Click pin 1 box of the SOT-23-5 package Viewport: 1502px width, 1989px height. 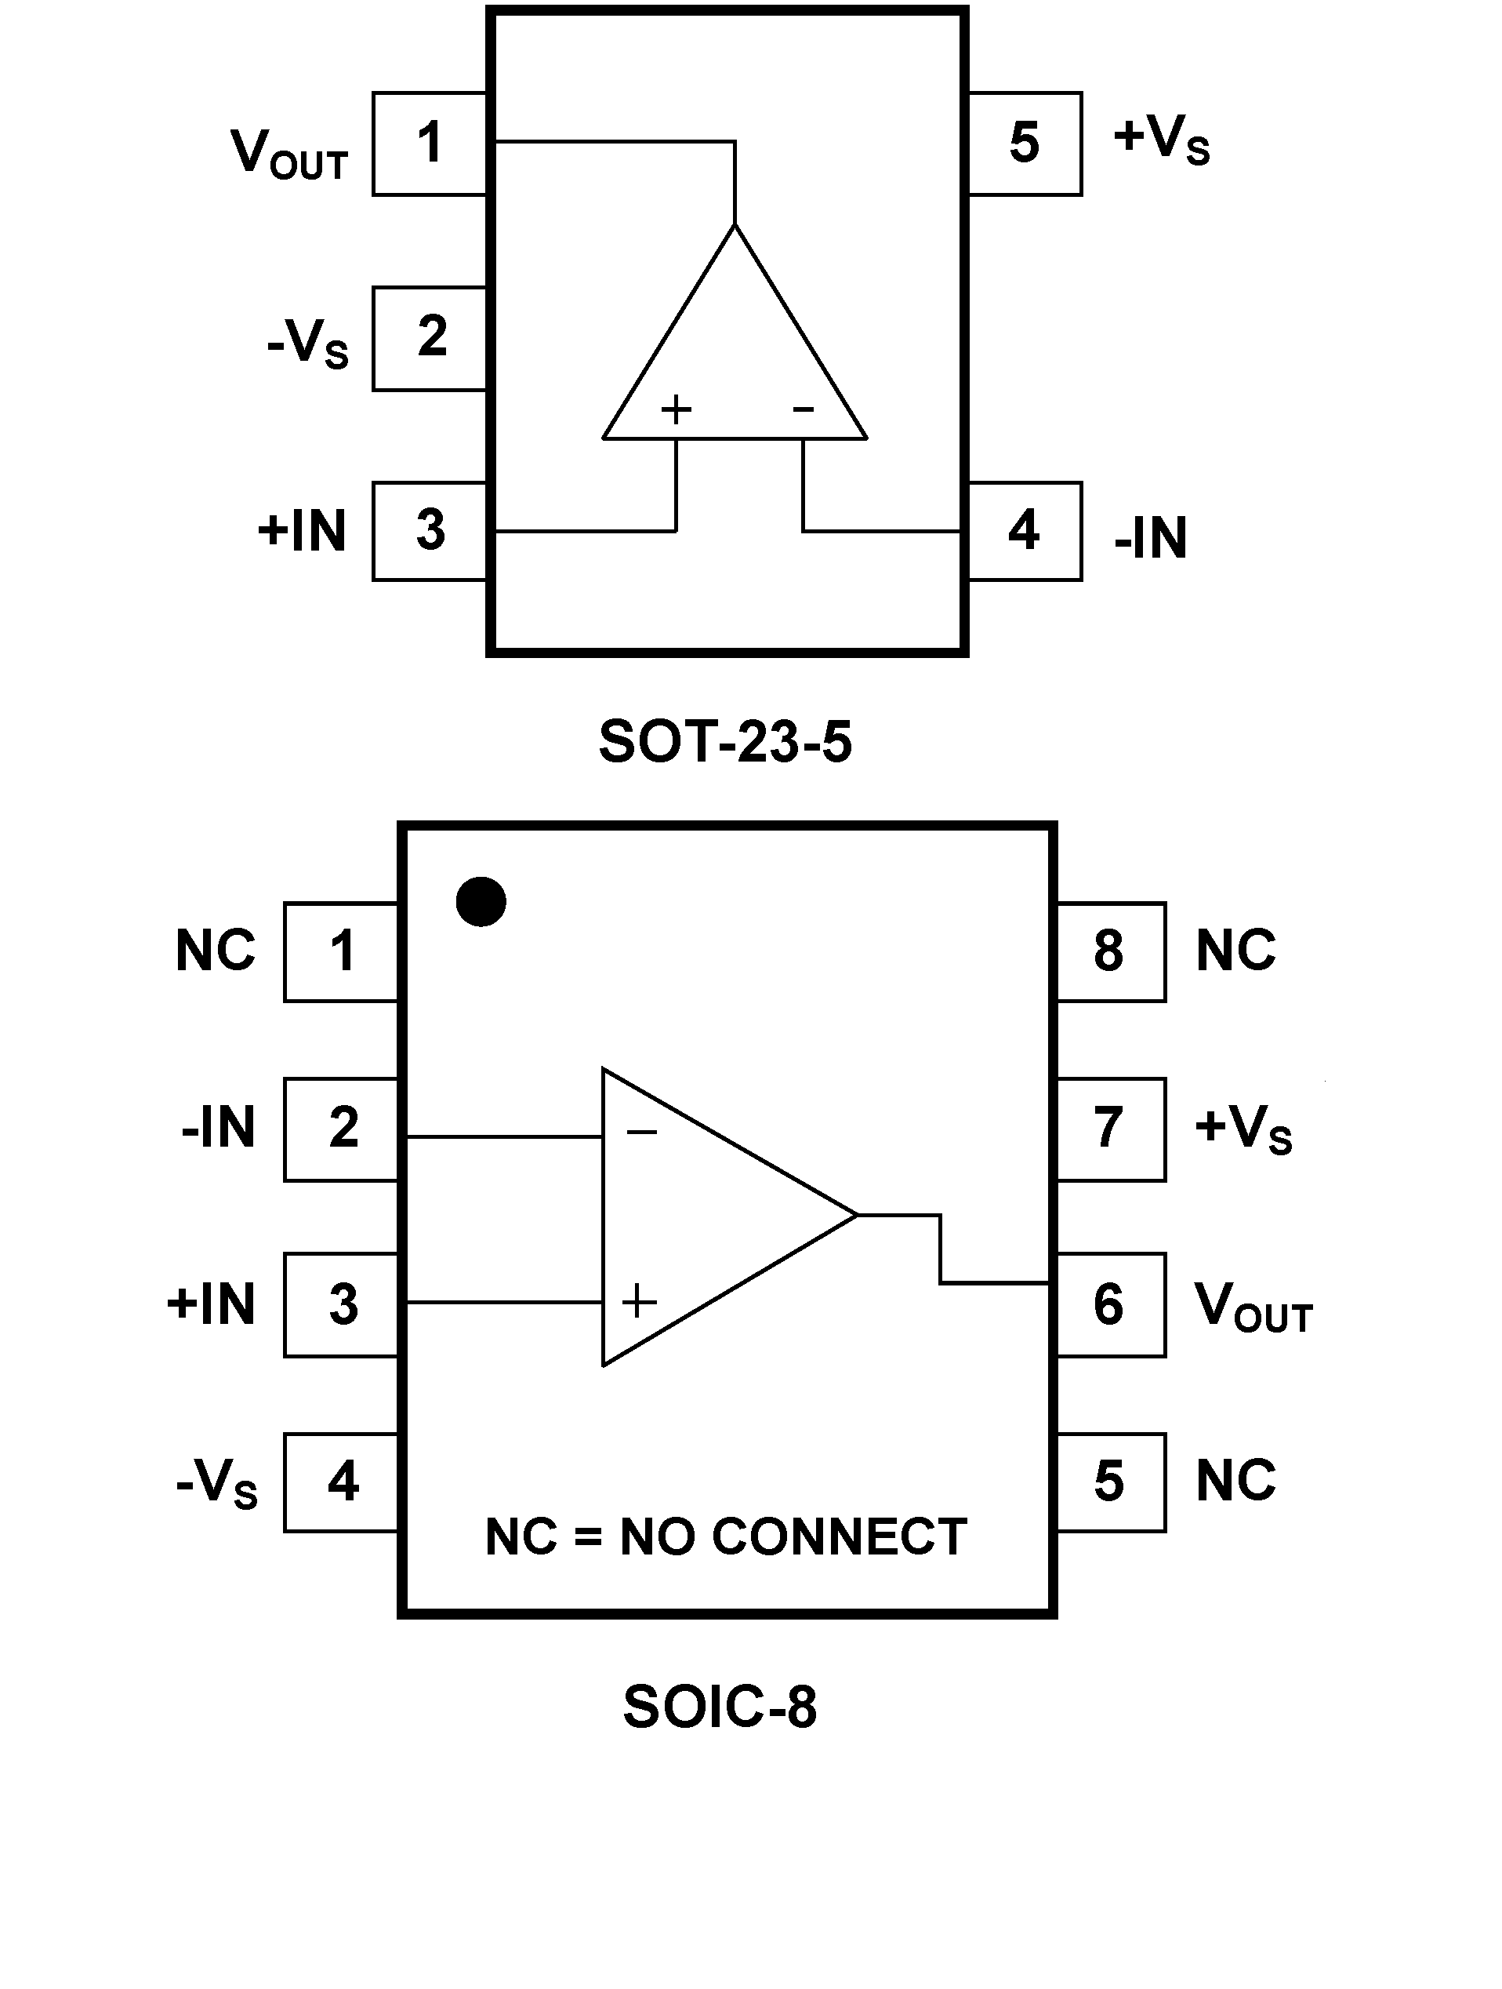430,144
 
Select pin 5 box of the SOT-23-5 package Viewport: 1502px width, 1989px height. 1025,144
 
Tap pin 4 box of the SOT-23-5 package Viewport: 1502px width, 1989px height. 1025,532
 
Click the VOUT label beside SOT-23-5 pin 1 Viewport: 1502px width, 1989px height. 289,155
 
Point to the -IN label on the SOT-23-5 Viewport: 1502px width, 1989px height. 1151,538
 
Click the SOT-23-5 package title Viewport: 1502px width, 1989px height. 724,742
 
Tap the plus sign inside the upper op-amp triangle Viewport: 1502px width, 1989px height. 676,410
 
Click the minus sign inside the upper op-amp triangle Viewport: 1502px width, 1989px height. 803,410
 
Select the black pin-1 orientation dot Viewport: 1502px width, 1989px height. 481,902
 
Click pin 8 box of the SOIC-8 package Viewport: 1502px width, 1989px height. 1110,951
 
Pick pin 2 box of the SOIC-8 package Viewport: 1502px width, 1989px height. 342,1129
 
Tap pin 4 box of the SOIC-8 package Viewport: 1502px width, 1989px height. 342,1482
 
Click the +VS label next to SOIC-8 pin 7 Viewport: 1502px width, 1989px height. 1243,1129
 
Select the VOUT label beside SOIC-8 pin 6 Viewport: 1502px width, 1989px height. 1253,1307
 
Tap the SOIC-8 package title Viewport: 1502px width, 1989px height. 720,1707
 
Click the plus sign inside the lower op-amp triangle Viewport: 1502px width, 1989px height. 639,1301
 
